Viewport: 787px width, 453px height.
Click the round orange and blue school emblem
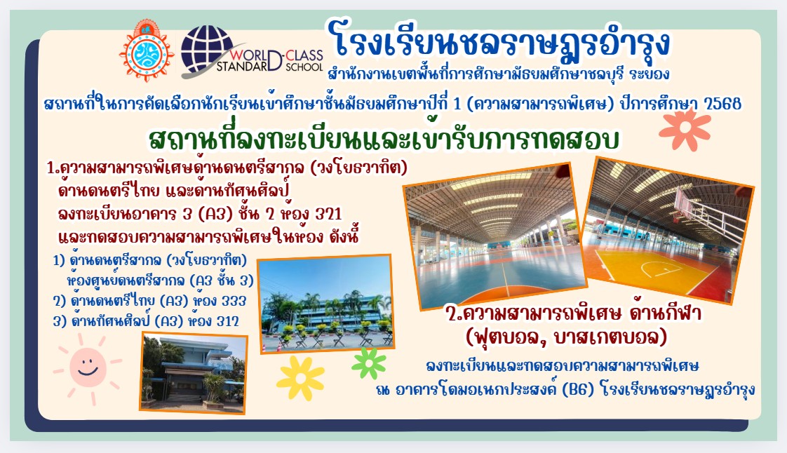(x=147, y=51)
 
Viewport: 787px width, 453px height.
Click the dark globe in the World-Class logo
(x=207, y=50)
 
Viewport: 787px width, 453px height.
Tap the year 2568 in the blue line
(x=722, y=104)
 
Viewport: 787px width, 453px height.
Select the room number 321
(x=328, y=214)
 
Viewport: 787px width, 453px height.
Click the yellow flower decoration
(x=300, y=378)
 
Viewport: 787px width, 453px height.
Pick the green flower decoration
(x=369, y=363)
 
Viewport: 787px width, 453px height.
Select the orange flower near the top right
(x=685, y=130)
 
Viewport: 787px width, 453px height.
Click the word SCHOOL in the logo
(x=304, y=67)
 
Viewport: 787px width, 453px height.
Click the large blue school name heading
(x=499, y=41)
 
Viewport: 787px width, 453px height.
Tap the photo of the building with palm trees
(x=326, y=303)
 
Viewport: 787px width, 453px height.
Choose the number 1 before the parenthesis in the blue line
(x=457, y=104)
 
